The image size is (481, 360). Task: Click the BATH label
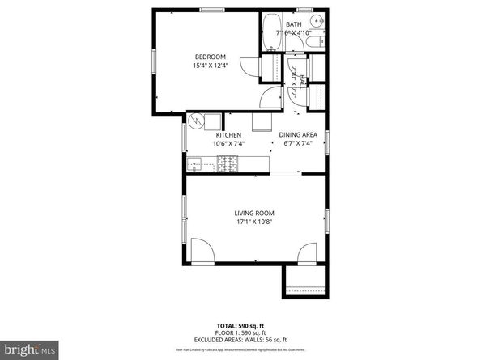tap(292, 24)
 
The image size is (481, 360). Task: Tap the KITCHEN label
tap(228, 134)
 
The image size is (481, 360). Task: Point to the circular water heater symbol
tap(195, 121)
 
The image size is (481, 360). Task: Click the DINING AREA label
tap(298, 134)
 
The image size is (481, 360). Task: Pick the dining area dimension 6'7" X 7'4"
tap(298, 144)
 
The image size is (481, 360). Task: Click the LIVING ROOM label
tap(253, 213)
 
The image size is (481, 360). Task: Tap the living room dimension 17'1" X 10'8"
tap(253, 222)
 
